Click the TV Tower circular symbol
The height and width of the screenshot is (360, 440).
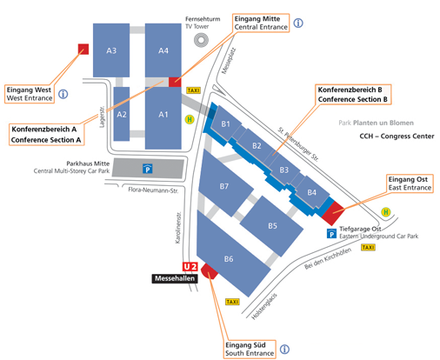point(201,40)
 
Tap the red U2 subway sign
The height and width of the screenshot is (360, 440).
point(190,267)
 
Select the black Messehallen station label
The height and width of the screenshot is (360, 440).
point(175,278)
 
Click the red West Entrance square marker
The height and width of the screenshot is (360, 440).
point(83,50)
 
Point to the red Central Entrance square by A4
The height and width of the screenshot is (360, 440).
point(175,82)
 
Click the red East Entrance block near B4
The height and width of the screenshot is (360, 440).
point(333,213)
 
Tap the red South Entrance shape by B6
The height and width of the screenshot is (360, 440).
point(210,271)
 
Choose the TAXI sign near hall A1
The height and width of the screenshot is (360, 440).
point(193,90)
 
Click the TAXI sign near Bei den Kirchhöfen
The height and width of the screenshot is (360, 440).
point(368,247)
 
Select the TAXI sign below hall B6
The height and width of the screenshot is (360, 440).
point(232,302)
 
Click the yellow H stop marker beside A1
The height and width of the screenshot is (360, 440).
point(190,119)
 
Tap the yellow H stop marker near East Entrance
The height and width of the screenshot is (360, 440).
point(386,212)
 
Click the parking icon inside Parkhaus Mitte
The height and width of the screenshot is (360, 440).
point(148,169)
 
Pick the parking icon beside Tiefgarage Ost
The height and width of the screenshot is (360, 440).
point(331,233)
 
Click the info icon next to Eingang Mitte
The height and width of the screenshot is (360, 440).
point(298,23)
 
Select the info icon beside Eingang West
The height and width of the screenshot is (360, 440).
point(63,94)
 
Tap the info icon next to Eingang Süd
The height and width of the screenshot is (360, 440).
point(284,349)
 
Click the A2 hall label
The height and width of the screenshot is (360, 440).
point(122,115)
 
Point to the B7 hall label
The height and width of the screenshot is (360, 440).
point(224,186)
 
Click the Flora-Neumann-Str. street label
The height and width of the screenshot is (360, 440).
point(153,190)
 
